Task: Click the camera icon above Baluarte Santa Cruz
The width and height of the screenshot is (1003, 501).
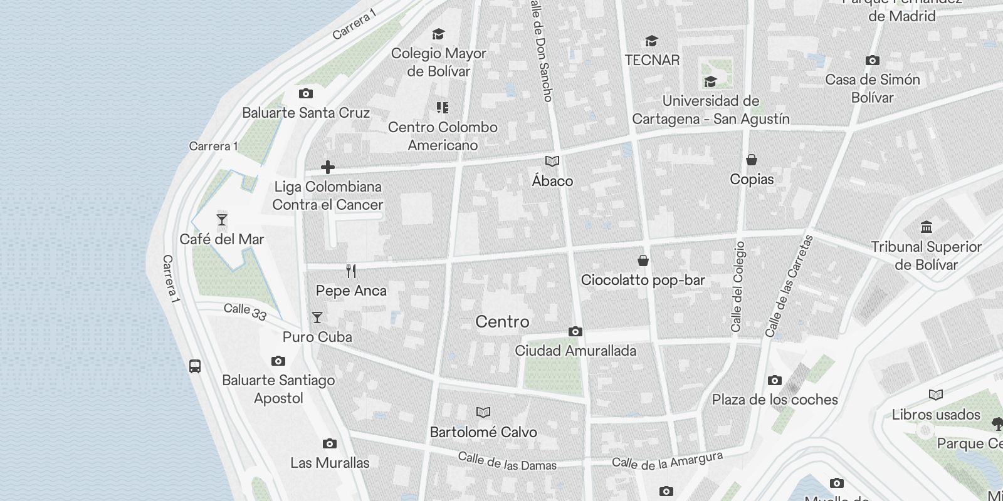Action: point(305,94)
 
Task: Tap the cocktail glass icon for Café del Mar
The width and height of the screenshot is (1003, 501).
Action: point(221,220)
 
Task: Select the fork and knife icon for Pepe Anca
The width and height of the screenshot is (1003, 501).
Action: point(351,271)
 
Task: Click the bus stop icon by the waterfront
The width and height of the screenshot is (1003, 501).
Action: point(195,366)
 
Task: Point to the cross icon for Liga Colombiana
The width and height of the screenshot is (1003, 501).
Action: point(327,167)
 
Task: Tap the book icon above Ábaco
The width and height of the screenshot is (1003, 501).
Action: point(552,162)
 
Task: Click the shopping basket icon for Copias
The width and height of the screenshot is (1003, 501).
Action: point(751,160)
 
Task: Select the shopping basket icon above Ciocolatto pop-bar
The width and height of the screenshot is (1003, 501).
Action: point(643,261)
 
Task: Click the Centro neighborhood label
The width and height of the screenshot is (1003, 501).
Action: point(502,322)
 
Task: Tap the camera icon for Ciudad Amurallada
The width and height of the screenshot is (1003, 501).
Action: point(575,331)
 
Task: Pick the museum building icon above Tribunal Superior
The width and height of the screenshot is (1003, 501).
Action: point(926,227)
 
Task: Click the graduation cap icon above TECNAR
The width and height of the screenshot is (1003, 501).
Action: point(651,41)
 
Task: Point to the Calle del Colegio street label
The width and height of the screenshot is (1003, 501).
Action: point(738,286)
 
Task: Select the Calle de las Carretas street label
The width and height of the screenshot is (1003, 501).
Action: point(789,286)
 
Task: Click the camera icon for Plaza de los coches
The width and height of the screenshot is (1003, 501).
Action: point(774,380)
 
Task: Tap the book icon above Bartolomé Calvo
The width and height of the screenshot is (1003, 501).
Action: point(483,412)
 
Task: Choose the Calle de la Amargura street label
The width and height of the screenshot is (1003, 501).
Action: point(667,461)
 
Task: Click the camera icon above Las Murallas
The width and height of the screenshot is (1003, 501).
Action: point(329,444)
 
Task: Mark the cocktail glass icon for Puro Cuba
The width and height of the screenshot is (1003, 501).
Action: point(317,318)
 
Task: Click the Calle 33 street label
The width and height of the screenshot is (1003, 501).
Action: point(245,311)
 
